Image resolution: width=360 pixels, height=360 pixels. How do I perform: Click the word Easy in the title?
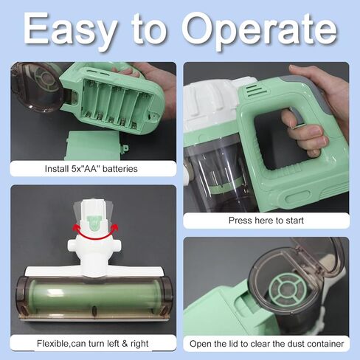(70, 30)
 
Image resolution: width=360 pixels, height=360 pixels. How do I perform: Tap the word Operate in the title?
(260, 30)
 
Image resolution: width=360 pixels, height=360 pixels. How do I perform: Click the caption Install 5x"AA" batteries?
(91, 169)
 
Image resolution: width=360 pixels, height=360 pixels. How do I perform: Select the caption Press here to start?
(266, 221)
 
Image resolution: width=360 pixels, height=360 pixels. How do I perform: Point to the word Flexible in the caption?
(53, 344)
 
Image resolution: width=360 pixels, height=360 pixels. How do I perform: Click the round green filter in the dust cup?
(288, 290)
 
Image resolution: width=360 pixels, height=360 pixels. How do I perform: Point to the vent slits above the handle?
(257, 91)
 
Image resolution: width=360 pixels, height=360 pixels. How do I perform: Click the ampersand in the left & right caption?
(125, 344)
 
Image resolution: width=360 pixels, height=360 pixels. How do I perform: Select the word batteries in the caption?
(120, 169)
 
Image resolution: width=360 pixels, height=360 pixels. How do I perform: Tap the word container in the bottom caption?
(325, 344)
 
